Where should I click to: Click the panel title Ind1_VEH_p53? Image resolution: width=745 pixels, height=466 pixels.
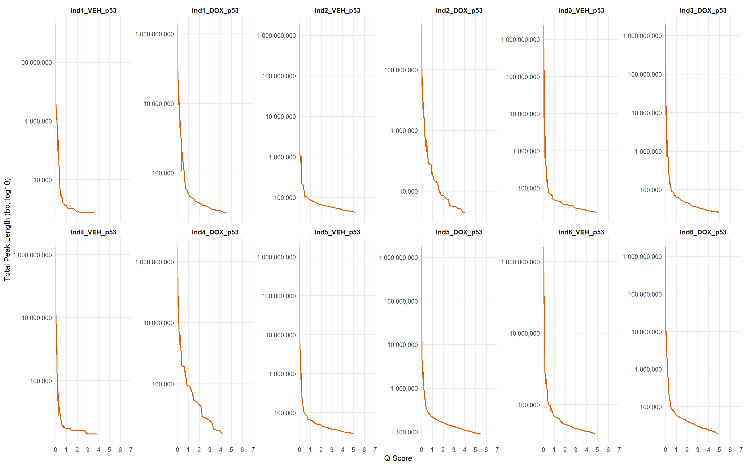click(x=93, y=10)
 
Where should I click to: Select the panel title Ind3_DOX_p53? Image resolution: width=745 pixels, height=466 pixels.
click(x=703, y=10)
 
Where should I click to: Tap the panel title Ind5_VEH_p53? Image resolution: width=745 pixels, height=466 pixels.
click(x=337, y=232)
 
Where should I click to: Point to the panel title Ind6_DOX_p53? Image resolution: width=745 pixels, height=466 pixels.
click(x=703, y=232)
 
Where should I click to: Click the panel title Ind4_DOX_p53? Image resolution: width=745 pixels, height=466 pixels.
click(x=215, y=232)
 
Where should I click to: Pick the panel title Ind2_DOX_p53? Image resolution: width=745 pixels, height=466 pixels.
click(x=459, y=10)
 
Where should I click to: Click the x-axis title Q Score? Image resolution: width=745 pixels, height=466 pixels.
click(x=398, y=458)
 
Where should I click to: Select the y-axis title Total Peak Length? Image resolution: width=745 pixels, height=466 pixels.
click(x=7, y=230)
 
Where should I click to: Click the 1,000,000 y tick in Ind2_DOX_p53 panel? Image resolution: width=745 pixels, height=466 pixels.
click(x=404, y=131)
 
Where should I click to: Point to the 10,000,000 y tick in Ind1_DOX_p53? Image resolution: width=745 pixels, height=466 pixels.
click(x=159, y=104)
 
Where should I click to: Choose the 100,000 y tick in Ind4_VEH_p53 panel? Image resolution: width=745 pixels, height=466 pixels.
click(x=41, y=381)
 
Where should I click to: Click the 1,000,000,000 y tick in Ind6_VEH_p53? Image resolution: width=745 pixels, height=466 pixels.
click(x=520, y=262)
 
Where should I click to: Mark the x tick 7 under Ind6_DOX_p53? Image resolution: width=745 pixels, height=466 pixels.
click(x=741, y=450)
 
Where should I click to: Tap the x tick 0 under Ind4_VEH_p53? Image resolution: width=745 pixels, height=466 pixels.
click(x=55, y=450)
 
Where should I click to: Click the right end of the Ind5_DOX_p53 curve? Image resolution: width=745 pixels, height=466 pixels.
click(x=480, y=434)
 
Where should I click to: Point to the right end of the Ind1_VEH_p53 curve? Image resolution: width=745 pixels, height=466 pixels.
click(x=93, y=212)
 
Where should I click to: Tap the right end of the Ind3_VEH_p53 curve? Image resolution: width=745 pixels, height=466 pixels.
click(x=596, y=212)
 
